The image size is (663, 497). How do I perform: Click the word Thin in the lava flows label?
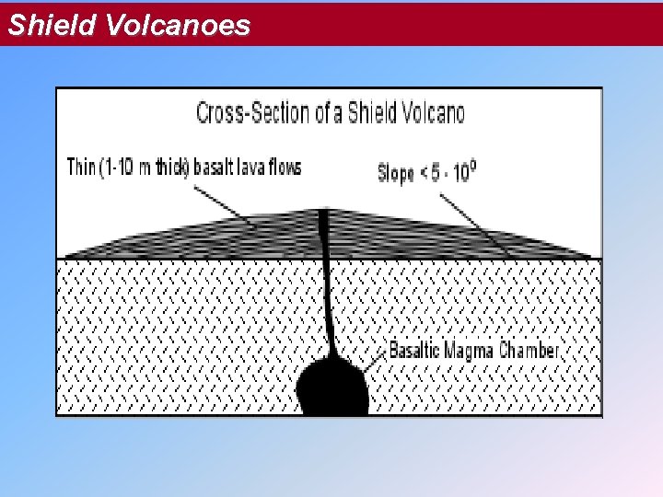pos(81,168)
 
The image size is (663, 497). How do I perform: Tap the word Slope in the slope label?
pos(396,172)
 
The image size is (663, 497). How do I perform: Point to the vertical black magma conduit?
pos(325,276)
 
